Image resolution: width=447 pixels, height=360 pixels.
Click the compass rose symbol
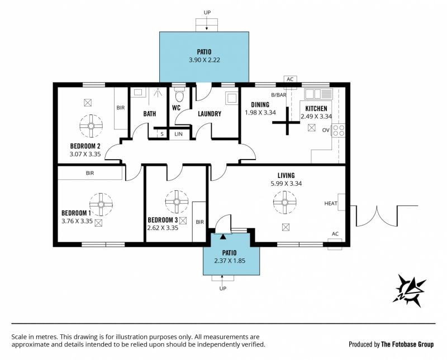click(410, 290)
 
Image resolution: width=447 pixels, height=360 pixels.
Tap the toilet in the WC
click(179, 94)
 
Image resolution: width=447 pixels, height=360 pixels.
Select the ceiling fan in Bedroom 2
click(91, 126)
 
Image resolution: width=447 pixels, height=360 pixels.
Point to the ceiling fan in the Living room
click(284, 202)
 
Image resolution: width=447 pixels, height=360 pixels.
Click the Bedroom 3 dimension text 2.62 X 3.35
click(163, 228)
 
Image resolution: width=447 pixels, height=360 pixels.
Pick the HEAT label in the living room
click(331, 203)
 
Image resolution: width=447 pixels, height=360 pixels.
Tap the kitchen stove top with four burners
click(339, 131)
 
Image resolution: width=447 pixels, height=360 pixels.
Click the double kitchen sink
click(318, 93)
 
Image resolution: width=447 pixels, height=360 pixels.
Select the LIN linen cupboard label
click(178, 134)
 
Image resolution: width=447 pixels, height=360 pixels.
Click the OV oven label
click(326, 130)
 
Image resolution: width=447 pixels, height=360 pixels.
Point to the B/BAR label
click(278, 95)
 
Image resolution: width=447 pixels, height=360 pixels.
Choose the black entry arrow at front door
click(223, 236)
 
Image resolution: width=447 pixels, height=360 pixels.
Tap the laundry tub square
click(231, 98)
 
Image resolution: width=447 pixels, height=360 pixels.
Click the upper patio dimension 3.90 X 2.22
click(205, 60)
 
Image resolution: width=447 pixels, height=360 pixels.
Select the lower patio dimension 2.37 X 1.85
click(230, 261)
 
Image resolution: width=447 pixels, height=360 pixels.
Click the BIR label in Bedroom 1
click(90, 173)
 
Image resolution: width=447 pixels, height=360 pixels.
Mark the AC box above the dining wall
click(290, 79)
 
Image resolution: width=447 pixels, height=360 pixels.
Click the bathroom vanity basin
click(138, 92)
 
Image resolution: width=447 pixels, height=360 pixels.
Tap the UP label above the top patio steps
click(207, 12)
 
